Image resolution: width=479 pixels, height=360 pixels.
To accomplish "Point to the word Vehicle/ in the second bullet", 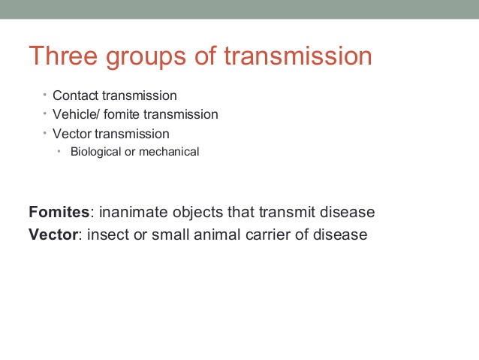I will tap(76, 114).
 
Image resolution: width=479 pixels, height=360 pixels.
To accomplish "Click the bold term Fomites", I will tap(59, 212).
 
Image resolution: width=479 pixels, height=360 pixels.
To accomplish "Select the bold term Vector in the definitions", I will tap(53, 234).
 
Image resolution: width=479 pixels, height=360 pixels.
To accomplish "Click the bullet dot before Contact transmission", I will tap(44, 95).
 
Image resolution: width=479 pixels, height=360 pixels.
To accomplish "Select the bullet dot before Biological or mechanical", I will tap(59, 151).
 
